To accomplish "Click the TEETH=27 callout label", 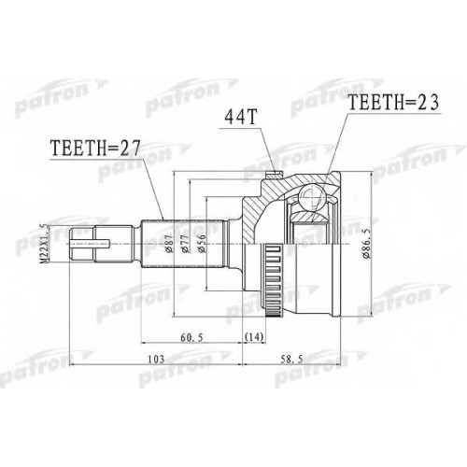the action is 95,148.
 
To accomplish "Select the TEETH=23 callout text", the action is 393,102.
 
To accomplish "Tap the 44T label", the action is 240,117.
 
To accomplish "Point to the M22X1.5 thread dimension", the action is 46,244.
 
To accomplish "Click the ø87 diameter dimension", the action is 169,244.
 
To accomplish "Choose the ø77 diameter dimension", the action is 185,244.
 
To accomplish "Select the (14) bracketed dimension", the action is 254,336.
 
